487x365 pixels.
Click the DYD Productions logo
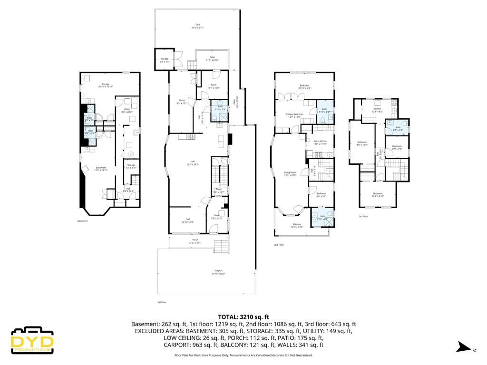point(32,340)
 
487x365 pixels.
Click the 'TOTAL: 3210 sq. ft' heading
point(243,316)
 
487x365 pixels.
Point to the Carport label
point(218,272)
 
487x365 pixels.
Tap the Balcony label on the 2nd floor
point(297,225)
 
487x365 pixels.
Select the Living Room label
point(290,173)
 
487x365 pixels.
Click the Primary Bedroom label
point(294,115)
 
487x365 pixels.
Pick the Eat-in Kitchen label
point(320,142)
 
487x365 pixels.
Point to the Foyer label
point(216,216)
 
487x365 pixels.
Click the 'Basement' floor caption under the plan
point(82,221)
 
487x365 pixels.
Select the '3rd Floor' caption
point(363,216)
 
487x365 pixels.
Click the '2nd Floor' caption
point(279,245)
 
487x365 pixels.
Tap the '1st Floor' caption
point(162,302)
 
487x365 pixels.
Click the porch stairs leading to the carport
point(222,247)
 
